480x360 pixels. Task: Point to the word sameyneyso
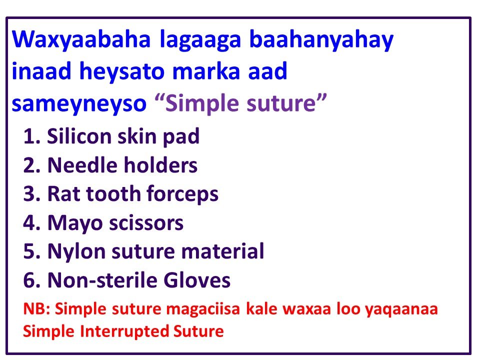click(x=78, y=103)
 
